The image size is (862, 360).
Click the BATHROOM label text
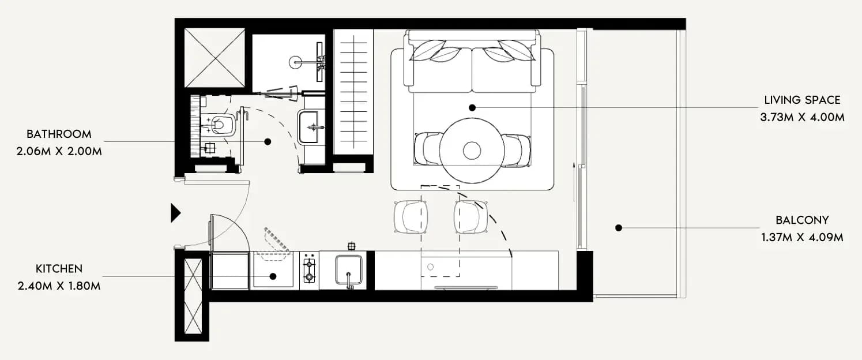coord(59,134)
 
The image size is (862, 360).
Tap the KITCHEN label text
coord(59,269)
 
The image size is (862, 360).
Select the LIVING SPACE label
coord(803,100)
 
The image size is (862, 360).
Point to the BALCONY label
coord(803,220)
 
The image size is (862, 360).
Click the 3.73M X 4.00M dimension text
coord(803,117)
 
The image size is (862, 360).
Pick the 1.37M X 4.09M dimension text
coord(803,237)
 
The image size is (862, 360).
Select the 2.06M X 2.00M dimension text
coord(59,151)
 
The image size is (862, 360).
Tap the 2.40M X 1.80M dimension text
coord(59,286)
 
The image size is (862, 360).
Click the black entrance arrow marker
coord(175,213)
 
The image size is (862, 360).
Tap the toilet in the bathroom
coord(219,125)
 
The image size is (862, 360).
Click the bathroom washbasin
coord(308,127)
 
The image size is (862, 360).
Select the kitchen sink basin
coord(349,270)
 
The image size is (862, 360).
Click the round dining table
coord(472,150)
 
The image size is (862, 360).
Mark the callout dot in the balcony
coord(619,228)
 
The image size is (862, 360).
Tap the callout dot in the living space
coord(472,108)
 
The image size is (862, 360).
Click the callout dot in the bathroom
coord(268,142)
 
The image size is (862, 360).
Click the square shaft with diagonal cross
coord(214,58)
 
